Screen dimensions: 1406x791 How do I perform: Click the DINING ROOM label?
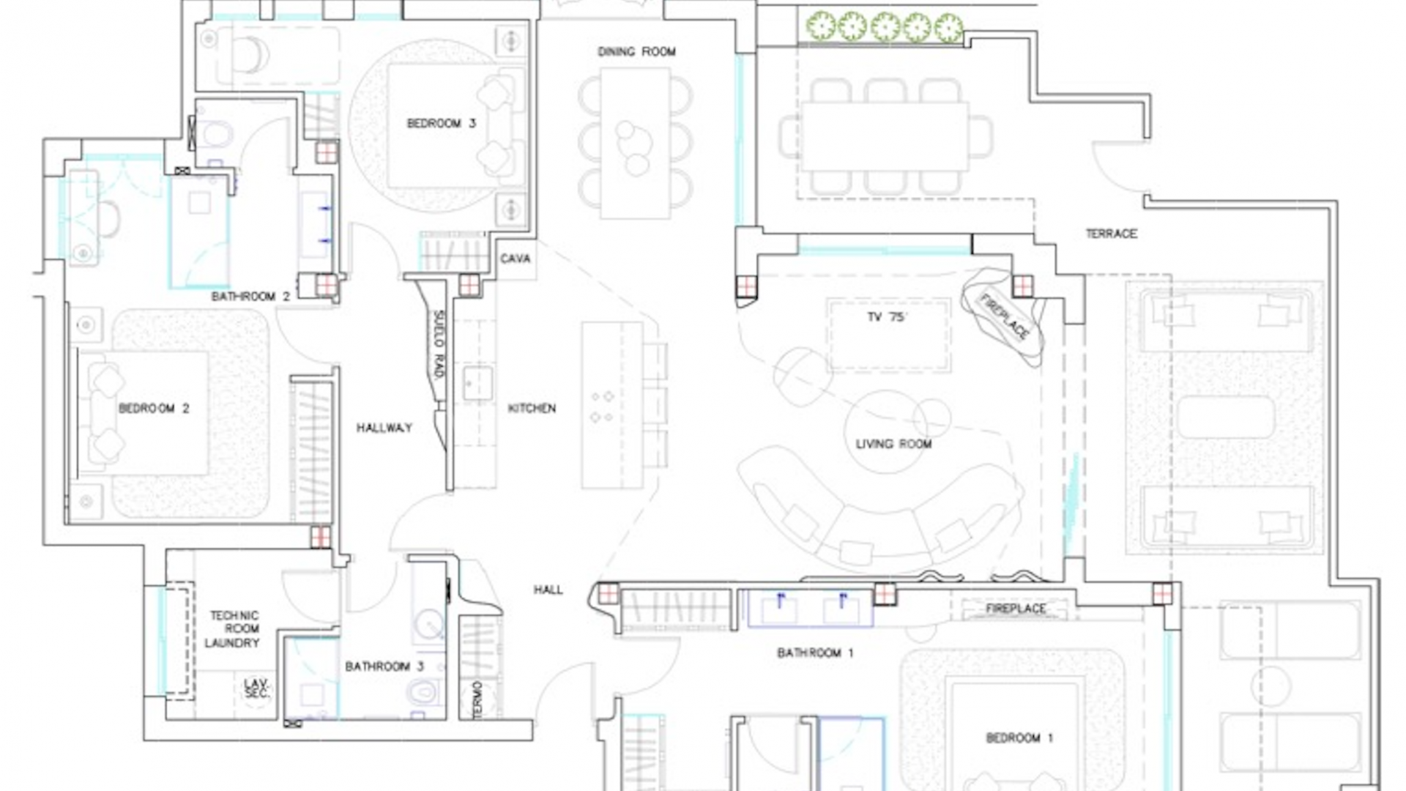[x=636, y=51]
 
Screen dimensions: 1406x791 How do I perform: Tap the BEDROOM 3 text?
[x=441, y=123]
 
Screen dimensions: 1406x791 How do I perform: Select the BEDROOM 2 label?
[x=154, y=408]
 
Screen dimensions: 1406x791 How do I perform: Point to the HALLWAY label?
[x=384, y=428]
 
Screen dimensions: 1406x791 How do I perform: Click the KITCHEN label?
[x=532, y=408]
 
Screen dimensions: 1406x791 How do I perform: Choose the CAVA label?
[x=516, y=259]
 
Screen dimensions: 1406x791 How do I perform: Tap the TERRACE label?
[x=1111, y=234]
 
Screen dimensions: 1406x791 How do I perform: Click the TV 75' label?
[x=887, y=317]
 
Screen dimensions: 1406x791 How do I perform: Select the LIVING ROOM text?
[x=893, y=444]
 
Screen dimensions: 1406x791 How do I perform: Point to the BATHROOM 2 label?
[x=250, y=297]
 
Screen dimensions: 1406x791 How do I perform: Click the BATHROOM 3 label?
[x=384, y=666]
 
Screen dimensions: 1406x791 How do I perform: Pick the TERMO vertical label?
[x=477, y=699]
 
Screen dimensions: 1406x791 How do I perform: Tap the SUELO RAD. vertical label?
[x=438, y=344]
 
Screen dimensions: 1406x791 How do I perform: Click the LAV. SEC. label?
[x=256, y=688]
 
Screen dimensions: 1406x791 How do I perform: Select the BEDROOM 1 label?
[x=1019, y=738]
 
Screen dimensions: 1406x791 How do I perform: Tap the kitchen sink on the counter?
[x=477, y=383]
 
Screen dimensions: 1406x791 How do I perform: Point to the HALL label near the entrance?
[x=548, y=590]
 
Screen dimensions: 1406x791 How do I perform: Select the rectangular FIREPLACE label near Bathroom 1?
[x=1016, y=609]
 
